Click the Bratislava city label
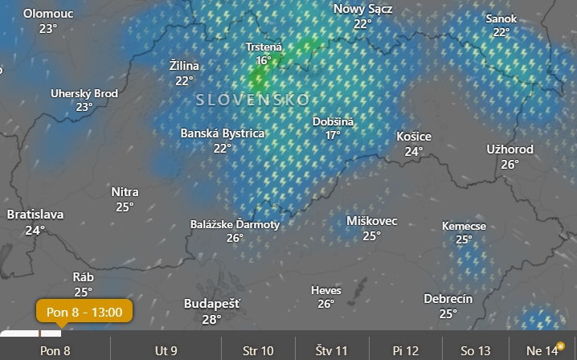[x=35, y=215]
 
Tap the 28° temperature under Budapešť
[x=211, y=319]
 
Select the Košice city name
[x=414, y=137]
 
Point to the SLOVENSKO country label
[x=252, y=100]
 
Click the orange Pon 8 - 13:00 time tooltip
[x=84, y=311]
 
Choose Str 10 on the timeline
[x=258, y=350]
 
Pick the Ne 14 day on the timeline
[x=542, y=350]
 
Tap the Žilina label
[x=185, y=66]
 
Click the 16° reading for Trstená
[x=264, y=60]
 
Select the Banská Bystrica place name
[x=222, y=133]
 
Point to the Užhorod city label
[x=509, y=149]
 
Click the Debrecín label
[x=448, y=299]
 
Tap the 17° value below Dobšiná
[x=333, y=135]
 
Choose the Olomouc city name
[x=48, y=14]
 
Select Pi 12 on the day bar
[x=406, y=350]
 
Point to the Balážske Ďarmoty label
[x=235, y=224]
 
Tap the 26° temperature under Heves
[x=325, y=304]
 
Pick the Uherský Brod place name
[x=84, y=93]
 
